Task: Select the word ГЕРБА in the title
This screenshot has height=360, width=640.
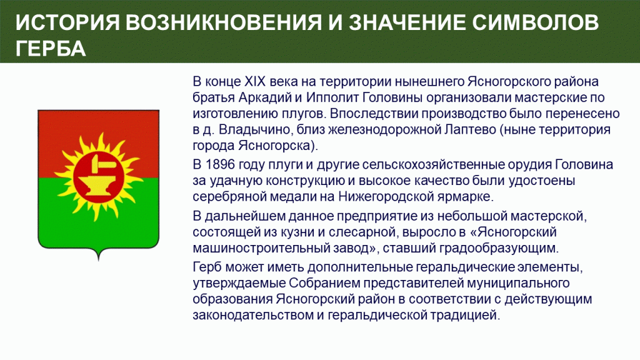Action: tap(51, 49)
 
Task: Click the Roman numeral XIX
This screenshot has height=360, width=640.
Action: tap(255, 82)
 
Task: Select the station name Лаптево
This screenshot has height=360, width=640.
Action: tap(469, 129)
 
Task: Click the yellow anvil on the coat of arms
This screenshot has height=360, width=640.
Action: tap(98, 185)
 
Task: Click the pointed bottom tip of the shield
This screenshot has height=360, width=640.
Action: tap(98, 259)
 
